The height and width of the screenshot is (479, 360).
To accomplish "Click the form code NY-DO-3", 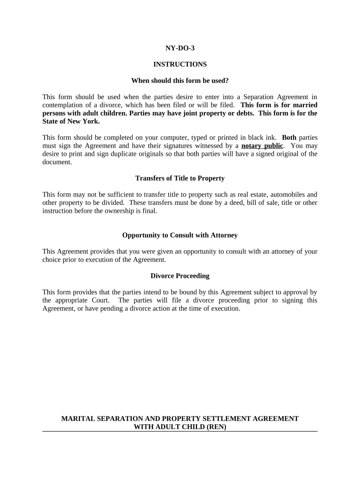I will (180, 48).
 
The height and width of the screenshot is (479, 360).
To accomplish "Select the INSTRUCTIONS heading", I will (180, 65).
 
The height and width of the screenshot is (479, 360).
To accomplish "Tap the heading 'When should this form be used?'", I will (180, 81).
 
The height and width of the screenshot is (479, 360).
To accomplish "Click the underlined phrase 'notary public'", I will (262, 145).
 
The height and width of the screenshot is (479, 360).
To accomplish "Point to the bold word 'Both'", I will (289, 138).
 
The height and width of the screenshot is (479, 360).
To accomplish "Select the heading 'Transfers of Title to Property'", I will (180, 178).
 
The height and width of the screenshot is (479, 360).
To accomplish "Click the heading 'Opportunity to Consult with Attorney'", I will (180, 235).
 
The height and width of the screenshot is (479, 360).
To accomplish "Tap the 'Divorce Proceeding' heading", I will (180, 276).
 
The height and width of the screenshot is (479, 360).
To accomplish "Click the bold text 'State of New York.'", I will (71, 121).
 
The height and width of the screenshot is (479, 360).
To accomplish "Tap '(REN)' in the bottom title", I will (216, 427).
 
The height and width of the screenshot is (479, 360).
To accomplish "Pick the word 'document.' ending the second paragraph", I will (57, 162).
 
